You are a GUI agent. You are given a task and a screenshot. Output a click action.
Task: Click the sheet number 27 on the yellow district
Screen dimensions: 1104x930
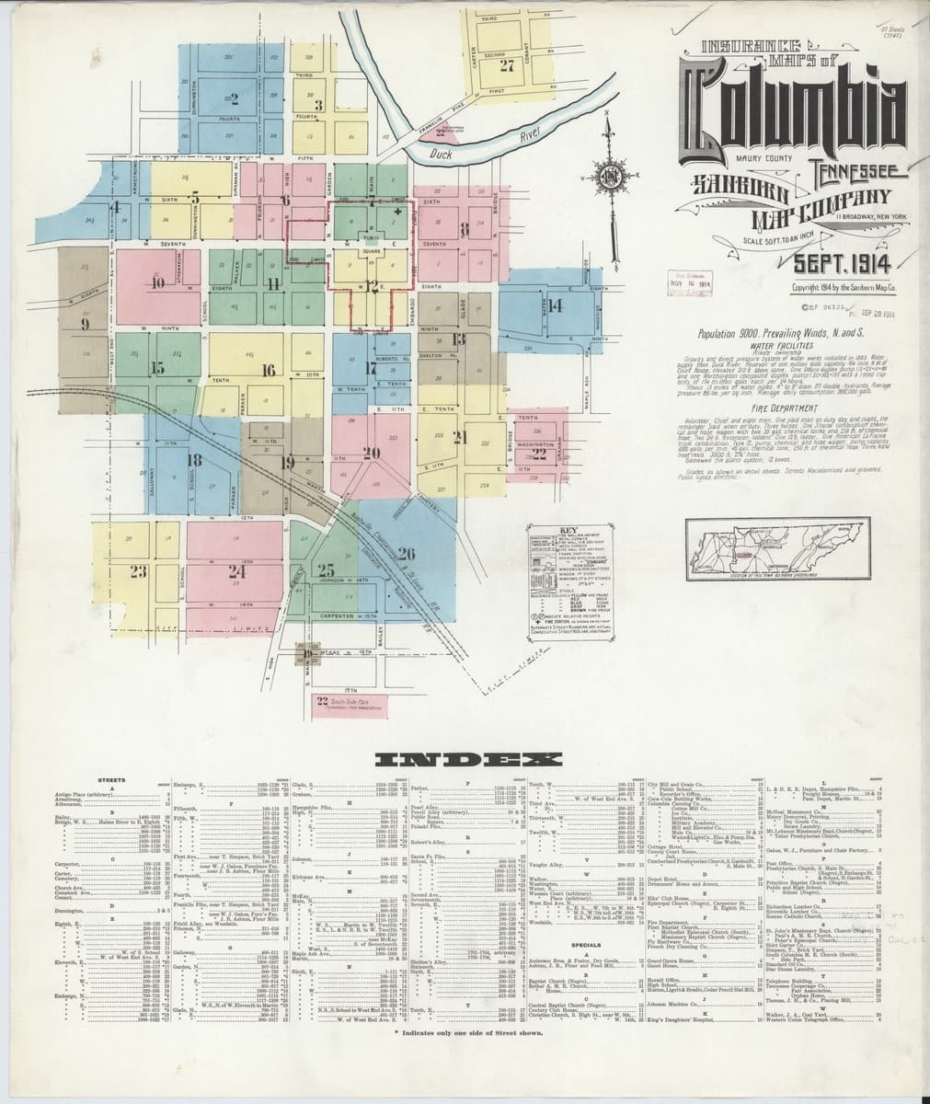(x=507, y=66)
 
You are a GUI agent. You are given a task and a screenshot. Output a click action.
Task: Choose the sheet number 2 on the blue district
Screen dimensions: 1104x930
(x=235, y=98)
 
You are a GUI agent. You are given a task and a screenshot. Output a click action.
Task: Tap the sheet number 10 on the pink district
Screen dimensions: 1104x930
(x=158, y=283)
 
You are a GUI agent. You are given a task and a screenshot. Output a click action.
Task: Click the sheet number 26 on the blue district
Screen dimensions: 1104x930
(x=408, y=552)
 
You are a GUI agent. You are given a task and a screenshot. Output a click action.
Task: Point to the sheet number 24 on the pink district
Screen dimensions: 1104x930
(x=236, y=570)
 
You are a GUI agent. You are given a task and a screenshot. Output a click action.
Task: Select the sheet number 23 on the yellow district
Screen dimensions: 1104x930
(x=138, y=572)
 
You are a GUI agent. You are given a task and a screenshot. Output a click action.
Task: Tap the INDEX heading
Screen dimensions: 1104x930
(x=465, y=760)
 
